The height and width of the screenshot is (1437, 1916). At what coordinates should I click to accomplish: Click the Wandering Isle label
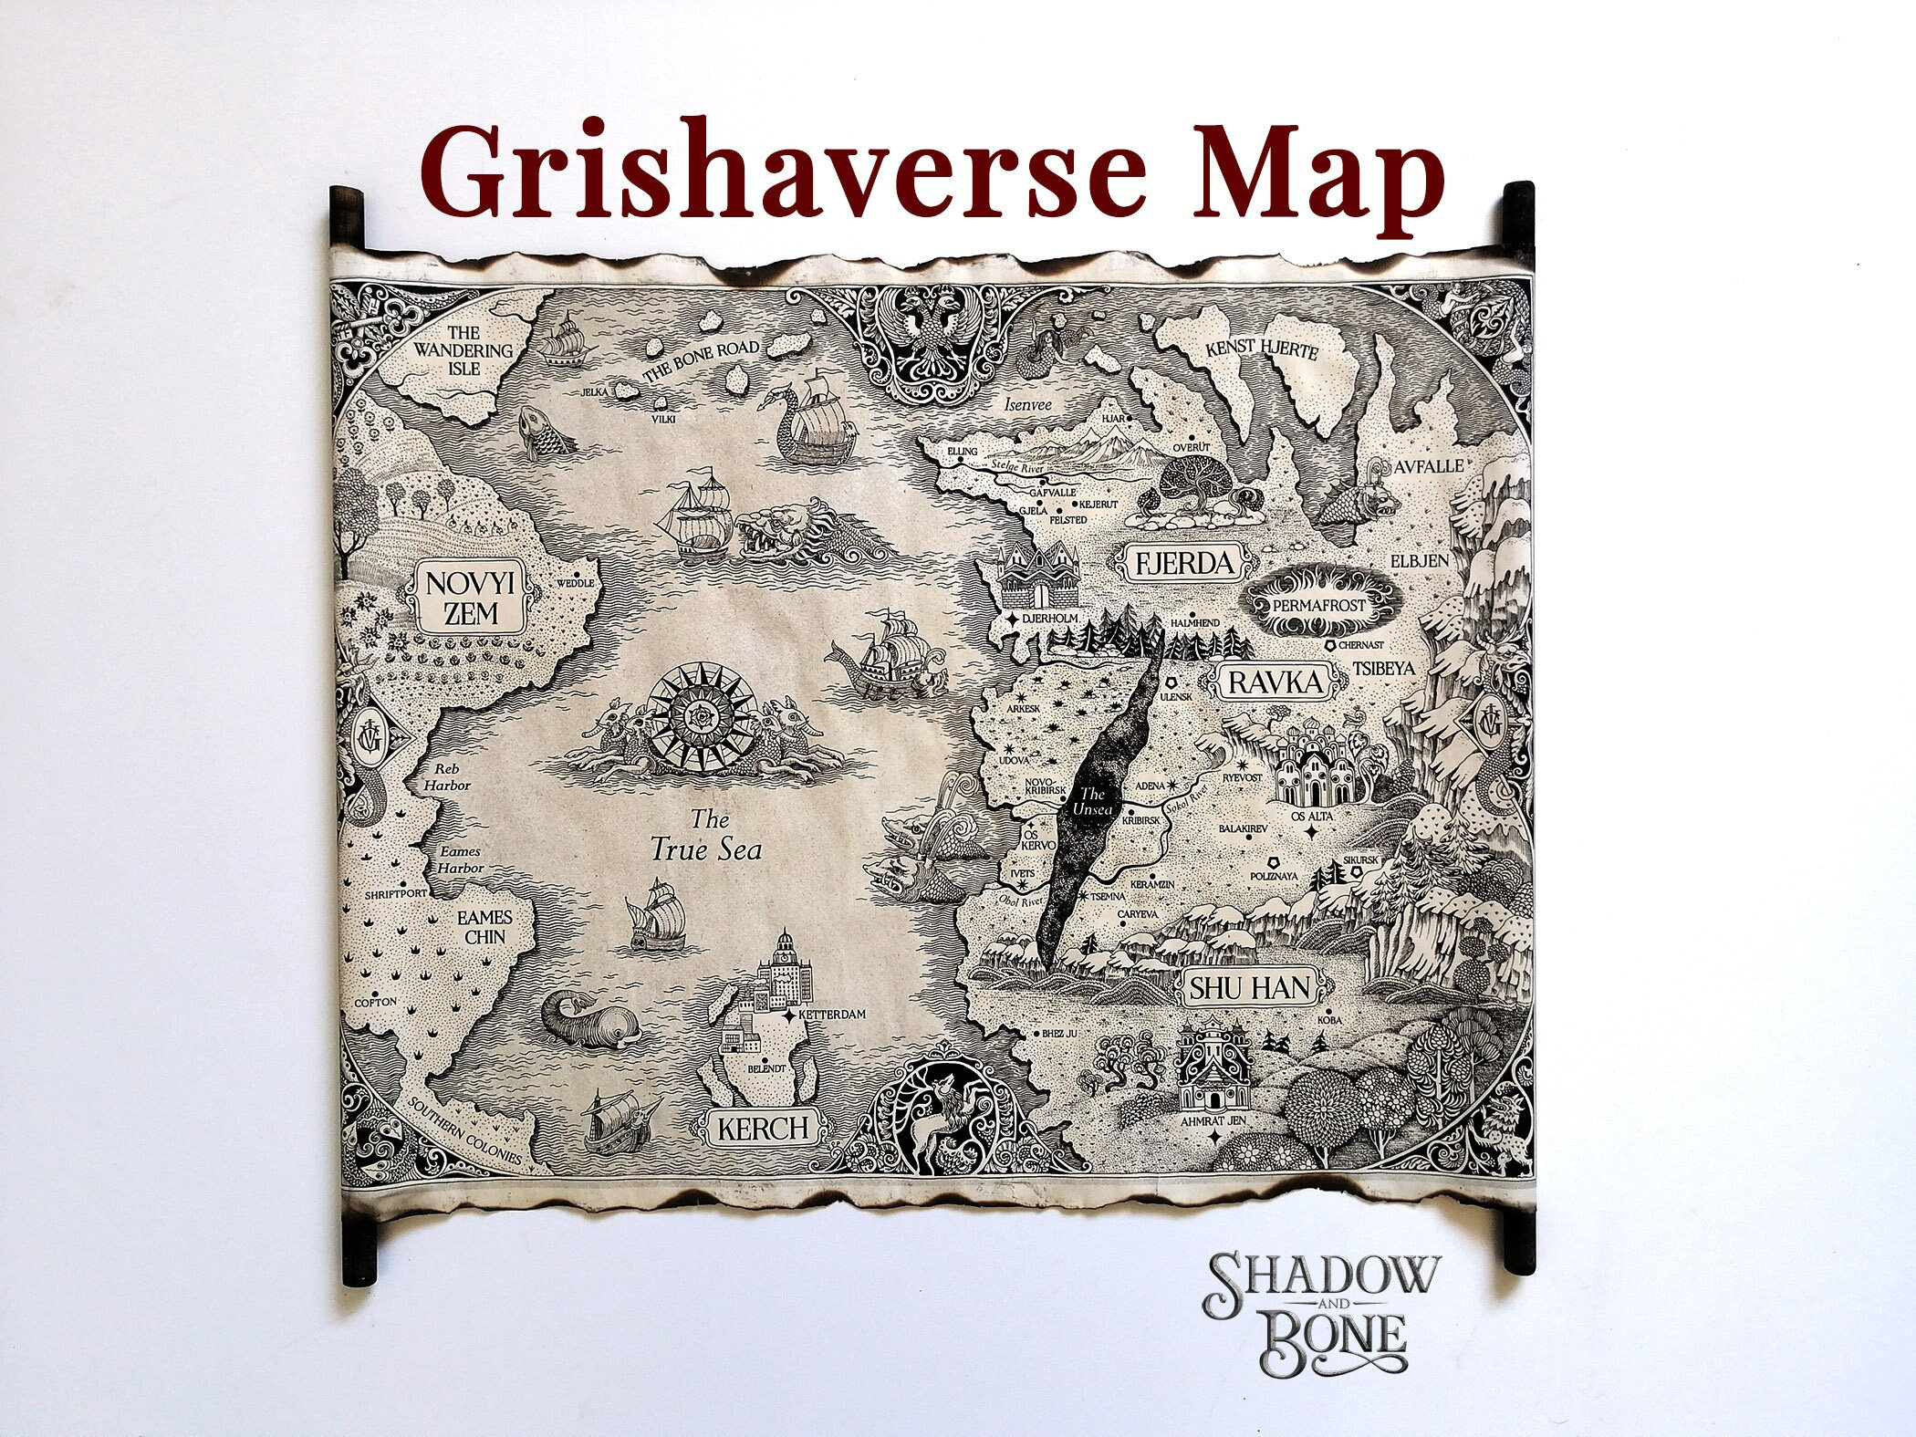462,350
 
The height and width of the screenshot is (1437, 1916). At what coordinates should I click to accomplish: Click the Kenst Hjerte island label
1261,350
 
